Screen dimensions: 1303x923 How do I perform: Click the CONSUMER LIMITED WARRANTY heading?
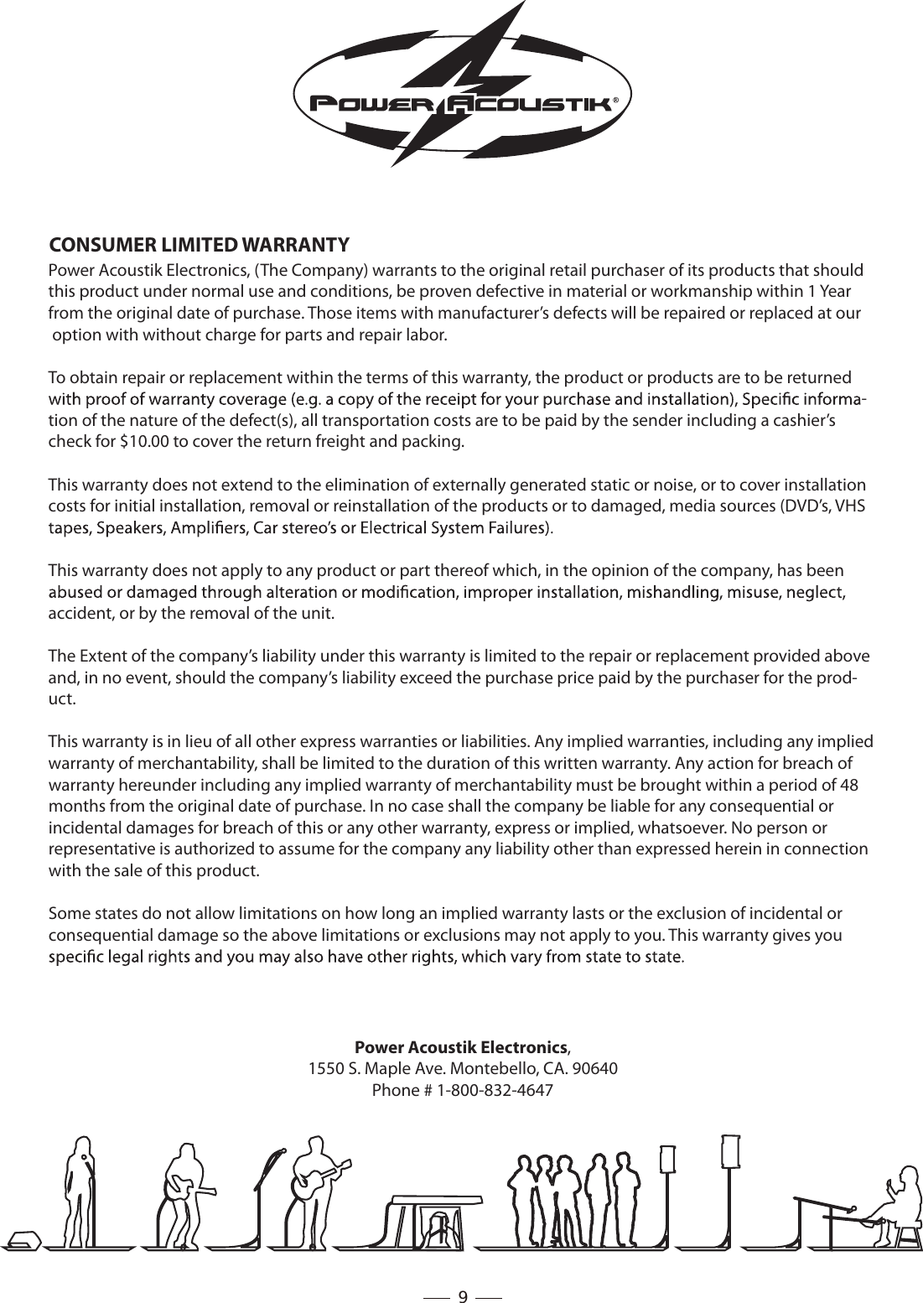(x=200, y=245)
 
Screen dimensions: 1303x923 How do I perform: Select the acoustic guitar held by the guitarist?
(x=316, y=1181)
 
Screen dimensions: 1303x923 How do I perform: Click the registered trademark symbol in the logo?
(x=616, y=99)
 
